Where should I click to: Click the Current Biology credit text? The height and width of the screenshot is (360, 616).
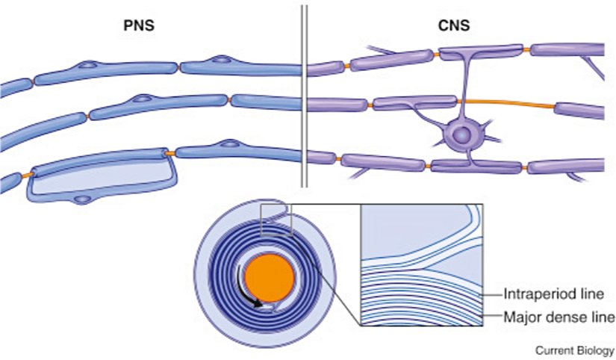(x=574, y=349)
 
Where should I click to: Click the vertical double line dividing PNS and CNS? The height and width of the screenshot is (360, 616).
(x=303, y=97)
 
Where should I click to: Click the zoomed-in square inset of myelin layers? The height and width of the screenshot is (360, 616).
(x=422, y=265)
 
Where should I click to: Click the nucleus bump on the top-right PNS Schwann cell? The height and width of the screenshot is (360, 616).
(x=221, y=59)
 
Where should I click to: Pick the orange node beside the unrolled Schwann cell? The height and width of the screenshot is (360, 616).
(x=172, y=154)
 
